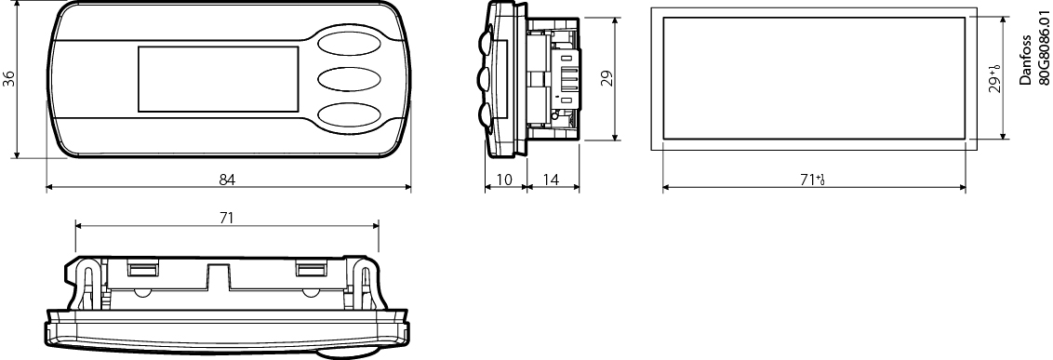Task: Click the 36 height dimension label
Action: (8, 78)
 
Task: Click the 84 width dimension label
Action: (227, 180)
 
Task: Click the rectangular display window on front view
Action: (219, 78)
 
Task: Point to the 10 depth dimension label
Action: (504, 180)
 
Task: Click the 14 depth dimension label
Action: (551, 180)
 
